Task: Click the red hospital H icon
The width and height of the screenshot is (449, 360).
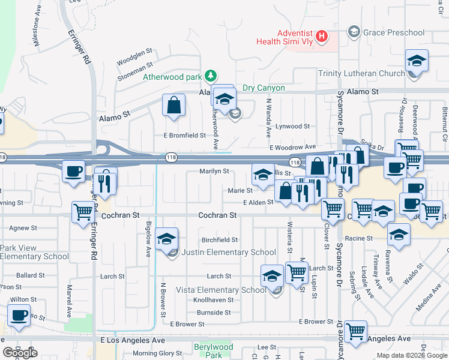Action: (322, 37)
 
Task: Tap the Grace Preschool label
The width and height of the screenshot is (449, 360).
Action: (393, 32)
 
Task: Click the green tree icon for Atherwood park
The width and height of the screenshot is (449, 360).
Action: (210, 76)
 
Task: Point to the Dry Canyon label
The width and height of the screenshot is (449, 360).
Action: (264, 88)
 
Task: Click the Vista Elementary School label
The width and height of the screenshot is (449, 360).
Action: (220, 290)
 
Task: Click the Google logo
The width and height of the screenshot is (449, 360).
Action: (20, 352)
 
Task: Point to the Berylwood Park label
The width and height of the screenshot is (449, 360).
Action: (213, 351)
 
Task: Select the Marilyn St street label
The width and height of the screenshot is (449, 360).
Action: (214, 171)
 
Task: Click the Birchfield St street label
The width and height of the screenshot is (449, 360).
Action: (220, 239)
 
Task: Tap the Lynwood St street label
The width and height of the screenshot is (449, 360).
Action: (292, 127)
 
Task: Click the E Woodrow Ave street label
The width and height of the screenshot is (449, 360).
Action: (292, 147)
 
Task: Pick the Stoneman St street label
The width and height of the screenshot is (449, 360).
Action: (136, 77)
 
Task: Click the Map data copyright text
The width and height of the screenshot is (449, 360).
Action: (412, 355)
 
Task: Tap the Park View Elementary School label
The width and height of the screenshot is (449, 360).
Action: (34, 252)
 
